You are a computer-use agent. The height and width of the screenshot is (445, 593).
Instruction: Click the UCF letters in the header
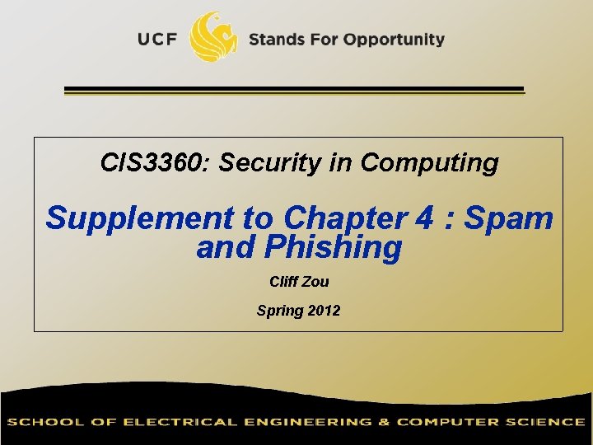[157, 40]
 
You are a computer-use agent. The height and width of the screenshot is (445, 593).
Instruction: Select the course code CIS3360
[154, 162]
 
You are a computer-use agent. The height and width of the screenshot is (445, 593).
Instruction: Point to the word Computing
[429, 162]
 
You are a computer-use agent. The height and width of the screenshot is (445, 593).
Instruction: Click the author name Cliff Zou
[299, 282]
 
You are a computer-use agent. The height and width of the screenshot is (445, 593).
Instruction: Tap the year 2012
[325, 311]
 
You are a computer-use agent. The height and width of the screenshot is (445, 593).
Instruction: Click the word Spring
[280, 311]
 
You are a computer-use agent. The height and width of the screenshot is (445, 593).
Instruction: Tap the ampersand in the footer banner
[384, 422]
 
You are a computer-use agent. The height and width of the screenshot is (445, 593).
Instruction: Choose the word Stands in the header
[277, 40]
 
